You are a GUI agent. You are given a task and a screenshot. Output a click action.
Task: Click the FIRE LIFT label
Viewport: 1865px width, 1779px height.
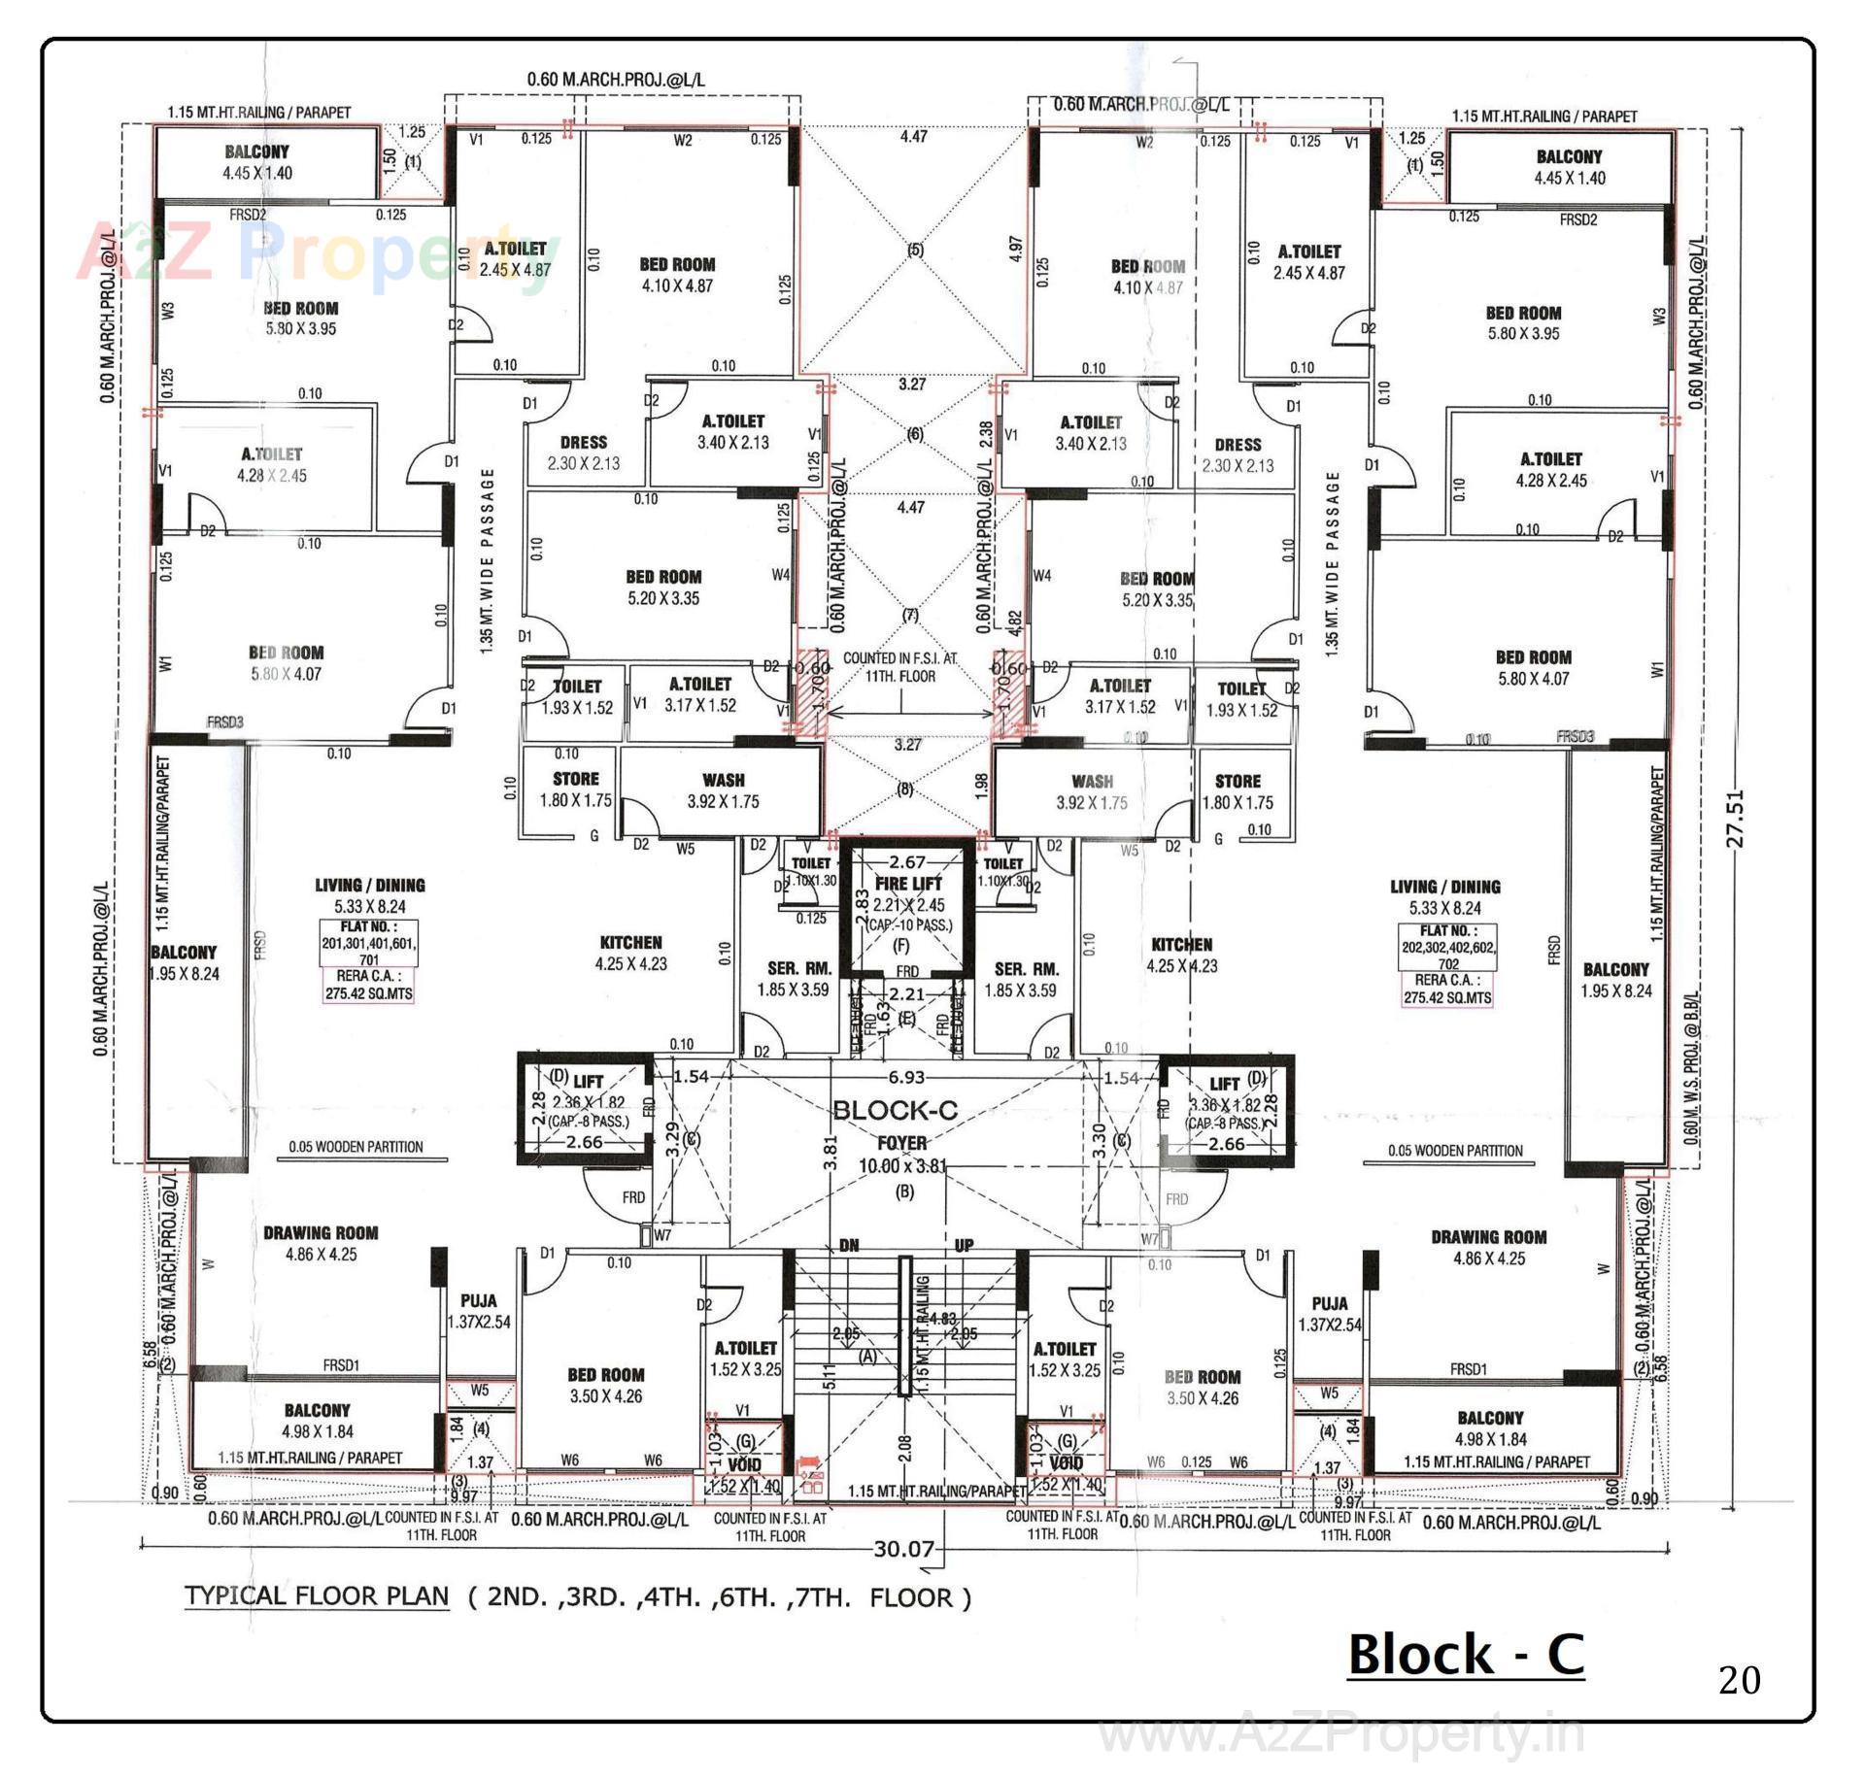point(908,884)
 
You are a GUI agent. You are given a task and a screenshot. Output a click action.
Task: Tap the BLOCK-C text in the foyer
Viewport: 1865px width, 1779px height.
point(895,1110)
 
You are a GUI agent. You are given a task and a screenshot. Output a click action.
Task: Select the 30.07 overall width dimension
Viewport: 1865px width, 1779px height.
point(903,1548)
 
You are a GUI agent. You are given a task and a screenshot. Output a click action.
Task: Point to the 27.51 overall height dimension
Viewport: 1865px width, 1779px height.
point(1736,818)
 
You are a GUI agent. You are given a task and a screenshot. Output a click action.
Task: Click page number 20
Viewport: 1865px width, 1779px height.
point(1739,1680)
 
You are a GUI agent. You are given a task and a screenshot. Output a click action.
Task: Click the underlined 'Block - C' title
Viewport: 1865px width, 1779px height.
point(1466,1655)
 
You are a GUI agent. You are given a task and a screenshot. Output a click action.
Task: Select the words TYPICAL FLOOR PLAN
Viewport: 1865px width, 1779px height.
point(317,1596)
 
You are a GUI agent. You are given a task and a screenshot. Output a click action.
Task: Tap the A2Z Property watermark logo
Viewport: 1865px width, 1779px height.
point(311,254)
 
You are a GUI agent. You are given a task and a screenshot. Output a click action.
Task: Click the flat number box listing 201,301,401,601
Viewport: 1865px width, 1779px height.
point(369,943)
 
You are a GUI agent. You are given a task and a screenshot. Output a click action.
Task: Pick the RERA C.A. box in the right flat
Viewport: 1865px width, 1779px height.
point(1447,989)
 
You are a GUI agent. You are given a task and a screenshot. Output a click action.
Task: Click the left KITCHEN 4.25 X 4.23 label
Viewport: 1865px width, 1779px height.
point(630,953)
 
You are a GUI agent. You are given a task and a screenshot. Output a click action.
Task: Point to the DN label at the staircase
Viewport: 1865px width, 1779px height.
point(849,1245)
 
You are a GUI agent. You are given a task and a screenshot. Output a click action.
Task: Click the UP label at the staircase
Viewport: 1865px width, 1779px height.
point(964,1245)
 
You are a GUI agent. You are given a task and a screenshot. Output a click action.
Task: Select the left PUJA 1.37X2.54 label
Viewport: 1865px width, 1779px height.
point(479,1311)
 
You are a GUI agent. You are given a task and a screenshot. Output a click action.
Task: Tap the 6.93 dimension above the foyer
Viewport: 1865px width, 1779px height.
point(906,1077)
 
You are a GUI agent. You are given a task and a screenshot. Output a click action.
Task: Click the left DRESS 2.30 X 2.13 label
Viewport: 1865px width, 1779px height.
point(583,453)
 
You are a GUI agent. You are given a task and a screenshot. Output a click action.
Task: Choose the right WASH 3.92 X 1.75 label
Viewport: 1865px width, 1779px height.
point(1092,791)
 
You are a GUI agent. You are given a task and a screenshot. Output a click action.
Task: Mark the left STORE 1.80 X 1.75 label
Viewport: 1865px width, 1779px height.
point(575,789)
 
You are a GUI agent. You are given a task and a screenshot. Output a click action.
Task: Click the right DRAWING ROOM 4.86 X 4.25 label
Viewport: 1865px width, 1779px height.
point(1488,1248)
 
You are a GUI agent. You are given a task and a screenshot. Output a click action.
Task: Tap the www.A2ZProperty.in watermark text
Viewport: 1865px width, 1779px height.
point(1340,1734)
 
